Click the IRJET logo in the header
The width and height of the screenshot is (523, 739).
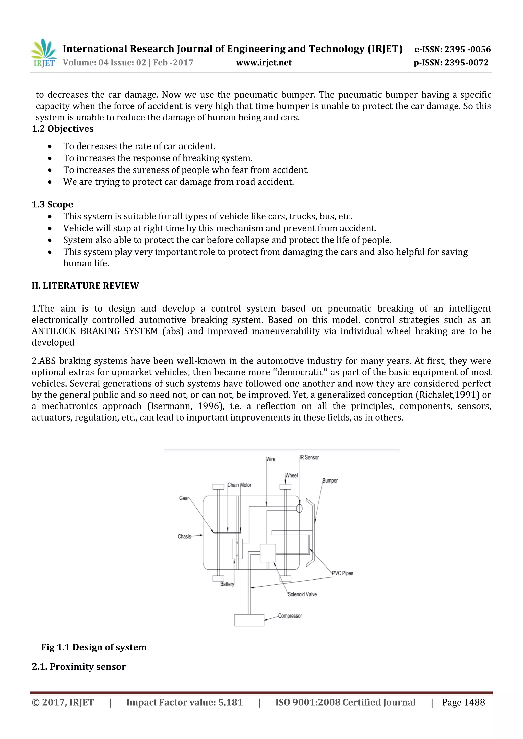[43, 53]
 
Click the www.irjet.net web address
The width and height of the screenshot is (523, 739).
[264, 63]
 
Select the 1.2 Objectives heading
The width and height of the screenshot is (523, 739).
[63, 129]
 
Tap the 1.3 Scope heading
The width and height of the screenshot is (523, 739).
[53, 204]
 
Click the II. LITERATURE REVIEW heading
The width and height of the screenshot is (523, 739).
[85, 286]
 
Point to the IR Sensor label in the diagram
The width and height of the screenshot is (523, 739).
[310, 457]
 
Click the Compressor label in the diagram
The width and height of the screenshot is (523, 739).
[290, 616]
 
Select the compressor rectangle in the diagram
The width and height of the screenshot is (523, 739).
[249, 620]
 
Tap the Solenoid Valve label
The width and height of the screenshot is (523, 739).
[302, 594]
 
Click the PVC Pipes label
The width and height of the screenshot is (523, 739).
[343, 573]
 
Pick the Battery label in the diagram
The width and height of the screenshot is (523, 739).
[227, 584]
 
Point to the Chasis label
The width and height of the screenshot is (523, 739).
[184, 537]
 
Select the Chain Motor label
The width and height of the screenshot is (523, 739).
[239, 485]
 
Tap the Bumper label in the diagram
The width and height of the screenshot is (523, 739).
[330, 481]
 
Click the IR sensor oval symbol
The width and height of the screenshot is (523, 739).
[299, 508]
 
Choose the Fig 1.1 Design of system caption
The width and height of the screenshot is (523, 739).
[94, 647]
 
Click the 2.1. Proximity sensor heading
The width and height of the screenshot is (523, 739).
[79, 667]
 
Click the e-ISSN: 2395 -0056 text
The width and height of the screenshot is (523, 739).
[453, 49]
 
